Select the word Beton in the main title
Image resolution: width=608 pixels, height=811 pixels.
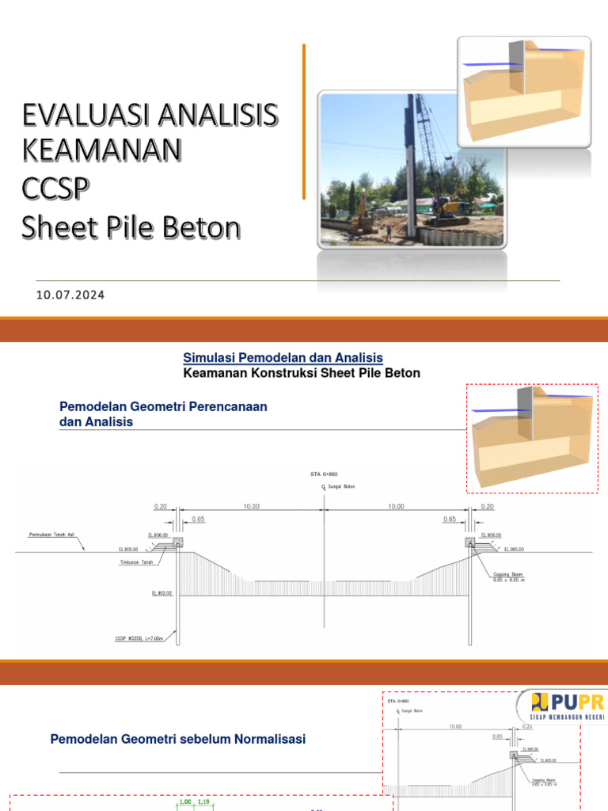click(x=199, y=228)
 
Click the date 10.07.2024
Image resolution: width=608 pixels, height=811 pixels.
click(x=70, y=295)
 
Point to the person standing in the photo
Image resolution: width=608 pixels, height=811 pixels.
click(x=388, y=232)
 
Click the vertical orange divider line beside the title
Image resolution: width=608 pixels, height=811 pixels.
click(x=304, y=120)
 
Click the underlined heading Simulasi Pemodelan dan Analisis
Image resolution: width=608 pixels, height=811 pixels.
click(x=283, y=358)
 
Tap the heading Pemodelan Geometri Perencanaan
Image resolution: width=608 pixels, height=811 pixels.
click(x=163, y=406)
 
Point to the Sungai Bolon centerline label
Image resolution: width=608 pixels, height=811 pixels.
click(x=340, y=486)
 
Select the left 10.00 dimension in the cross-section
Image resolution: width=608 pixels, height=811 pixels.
click(x=252, y=506)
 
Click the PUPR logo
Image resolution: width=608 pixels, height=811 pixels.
click(x=563, y=705)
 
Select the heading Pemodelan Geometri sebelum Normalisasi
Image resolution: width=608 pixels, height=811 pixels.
click(x=177, y=739)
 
